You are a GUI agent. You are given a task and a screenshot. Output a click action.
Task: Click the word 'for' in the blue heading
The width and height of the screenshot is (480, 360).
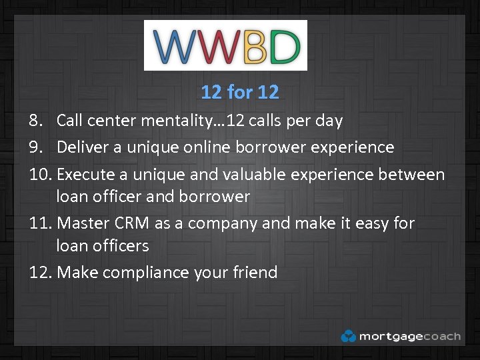(239, 92)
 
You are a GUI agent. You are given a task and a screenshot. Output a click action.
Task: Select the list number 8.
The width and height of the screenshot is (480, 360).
(37, 121)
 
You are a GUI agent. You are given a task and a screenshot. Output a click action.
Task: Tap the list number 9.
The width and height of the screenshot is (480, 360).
(37, 147)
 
